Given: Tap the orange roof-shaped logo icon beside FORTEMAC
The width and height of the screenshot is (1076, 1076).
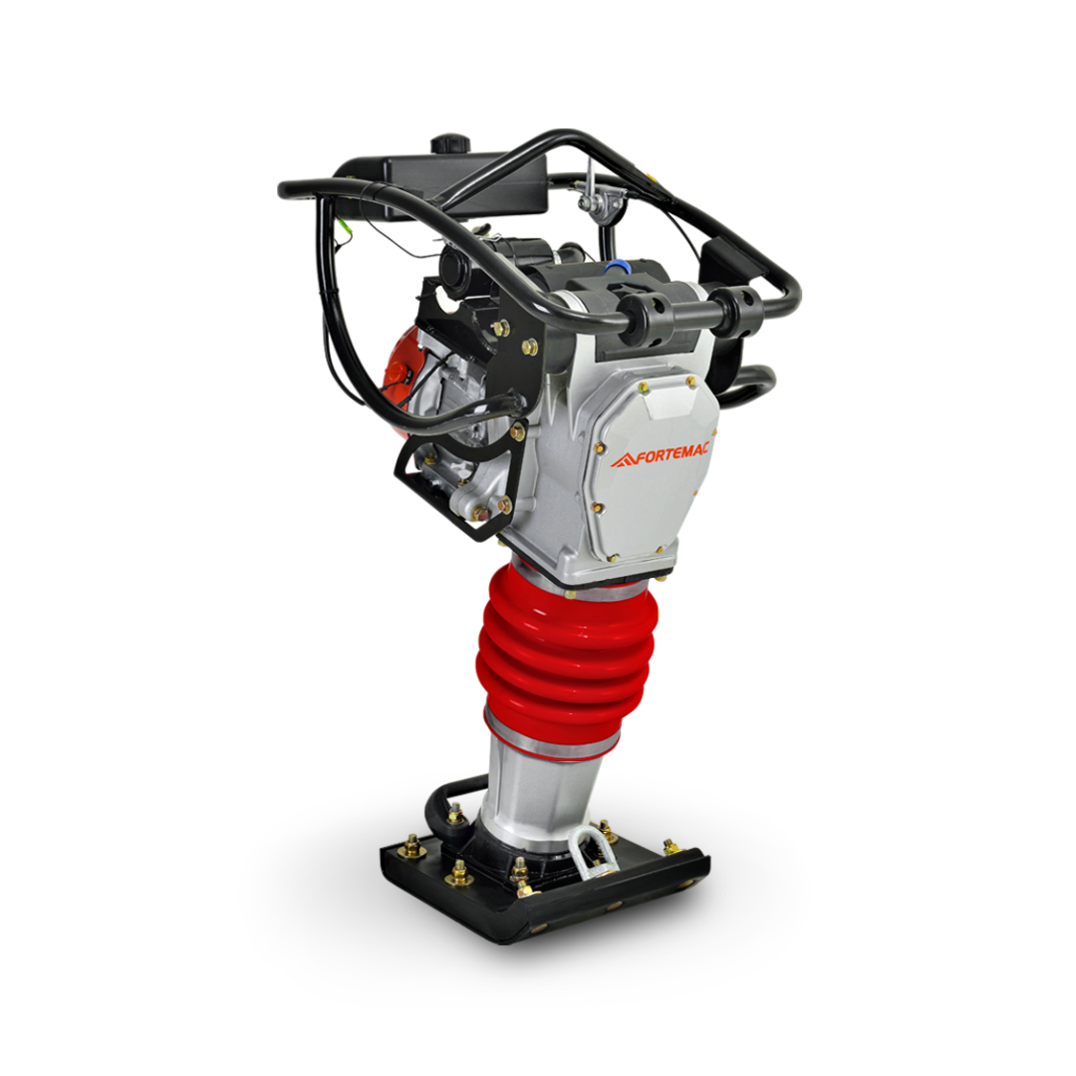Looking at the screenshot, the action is pos(623,460).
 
